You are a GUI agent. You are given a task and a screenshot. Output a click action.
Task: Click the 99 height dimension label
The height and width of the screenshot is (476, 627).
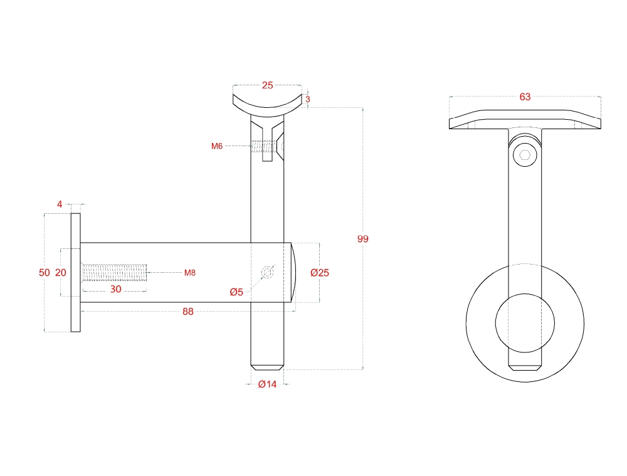(362, 239)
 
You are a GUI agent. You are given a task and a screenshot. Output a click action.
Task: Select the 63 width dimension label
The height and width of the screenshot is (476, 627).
(525, 97)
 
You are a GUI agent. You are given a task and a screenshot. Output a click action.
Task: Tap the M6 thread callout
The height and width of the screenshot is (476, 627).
(217, 146)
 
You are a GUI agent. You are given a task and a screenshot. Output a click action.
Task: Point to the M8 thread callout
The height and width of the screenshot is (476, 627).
(190, 273)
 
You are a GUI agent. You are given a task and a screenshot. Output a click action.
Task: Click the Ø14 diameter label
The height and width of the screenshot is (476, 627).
(268, 384)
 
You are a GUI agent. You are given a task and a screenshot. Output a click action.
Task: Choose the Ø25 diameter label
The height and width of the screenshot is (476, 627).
(320, 273)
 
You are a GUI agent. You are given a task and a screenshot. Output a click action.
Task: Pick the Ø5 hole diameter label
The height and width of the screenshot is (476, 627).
(236, 292)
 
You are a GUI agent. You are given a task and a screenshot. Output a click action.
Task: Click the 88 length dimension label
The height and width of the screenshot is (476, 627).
(188, 312)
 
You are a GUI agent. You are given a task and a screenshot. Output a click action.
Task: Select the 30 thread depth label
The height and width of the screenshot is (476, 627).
(115, 289)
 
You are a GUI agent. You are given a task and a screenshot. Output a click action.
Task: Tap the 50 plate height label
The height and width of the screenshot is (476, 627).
(45, 273)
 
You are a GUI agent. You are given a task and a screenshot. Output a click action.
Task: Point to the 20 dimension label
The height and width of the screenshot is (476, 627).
(60, 273)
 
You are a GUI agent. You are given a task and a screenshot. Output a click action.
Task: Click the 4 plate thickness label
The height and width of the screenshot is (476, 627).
(60, 204)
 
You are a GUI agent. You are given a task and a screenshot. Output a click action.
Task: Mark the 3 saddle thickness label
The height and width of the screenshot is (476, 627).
(307, 99)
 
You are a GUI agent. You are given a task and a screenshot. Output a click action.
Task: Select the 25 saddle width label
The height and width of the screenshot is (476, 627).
(268, 85)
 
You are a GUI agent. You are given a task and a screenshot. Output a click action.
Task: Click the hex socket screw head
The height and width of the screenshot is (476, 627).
(525, 155)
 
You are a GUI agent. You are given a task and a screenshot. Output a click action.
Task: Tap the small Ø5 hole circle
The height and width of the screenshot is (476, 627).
(268, 273)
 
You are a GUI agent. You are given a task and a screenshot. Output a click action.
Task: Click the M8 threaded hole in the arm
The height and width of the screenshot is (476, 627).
(114, 273)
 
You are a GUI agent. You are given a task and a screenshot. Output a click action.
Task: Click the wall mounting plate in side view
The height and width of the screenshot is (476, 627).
(76, 273)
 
